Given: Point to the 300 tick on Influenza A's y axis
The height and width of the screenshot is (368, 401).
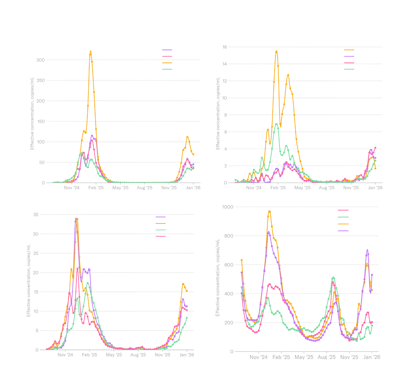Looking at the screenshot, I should coord(40,60).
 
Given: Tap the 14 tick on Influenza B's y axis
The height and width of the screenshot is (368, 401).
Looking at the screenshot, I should coord(225,64).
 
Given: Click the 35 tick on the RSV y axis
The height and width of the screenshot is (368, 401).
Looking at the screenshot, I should coord(35,215).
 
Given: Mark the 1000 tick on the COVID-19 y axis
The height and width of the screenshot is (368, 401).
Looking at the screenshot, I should coord(227,207).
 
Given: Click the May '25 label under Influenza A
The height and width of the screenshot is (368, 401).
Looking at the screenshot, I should coord(120,188).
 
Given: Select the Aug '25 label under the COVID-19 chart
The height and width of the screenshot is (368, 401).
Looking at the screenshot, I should coord(327,357).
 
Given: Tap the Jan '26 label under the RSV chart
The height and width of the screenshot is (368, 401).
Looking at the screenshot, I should coord(187,355).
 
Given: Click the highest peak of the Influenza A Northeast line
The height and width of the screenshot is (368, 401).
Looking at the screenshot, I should coord(90,51).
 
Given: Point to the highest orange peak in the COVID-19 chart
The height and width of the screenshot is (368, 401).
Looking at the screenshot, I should coord(269,211).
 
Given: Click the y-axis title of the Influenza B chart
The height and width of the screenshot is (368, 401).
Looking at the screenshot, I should coord(218,113).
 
